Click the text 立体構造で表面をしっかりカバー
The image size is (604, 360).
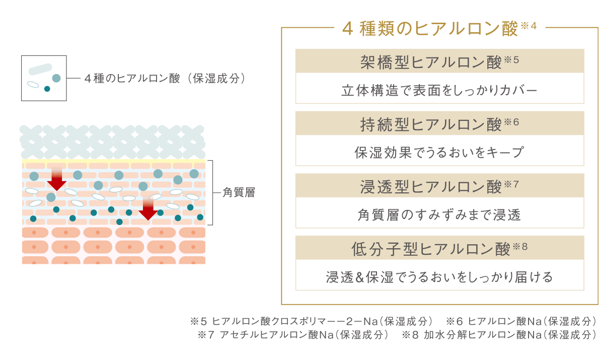pyautogui.click(x=439, y=90)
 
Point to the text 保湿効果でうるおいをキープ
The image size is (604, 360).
pyautogui.click(x=439, y=153)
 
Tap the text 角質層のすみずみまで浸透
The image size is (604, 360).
pyautogui.click(x=439, y=215)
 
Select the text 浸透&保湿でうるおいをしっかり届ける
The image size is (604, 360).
pyautogui.click(x=439, y=277)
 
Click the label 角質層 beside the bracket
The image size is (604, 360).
pyautogui.click(x=239, y=192)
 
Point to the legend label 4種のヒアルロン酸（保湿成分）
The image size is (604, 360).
pyautogui.click(x=165, y=79)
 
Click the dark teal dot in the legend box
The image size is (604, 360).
pyautogui.click(x=47, y=89)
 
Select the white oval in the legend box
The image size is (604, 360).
pyautogui.click(x=33, y=85)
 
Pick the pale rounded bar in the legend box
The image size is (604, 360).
pyautogui.click(x=40, y=69)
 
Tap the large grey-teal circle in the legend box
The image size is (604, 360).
pyautogui.click(x=56, y=78)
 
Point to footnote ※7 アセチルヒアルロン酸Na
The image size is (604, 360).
pyautogui.click(x=293, y=335)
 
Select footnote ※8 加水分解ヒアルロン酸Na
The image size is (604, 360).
pyautogui.click(x=499, y=335)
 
